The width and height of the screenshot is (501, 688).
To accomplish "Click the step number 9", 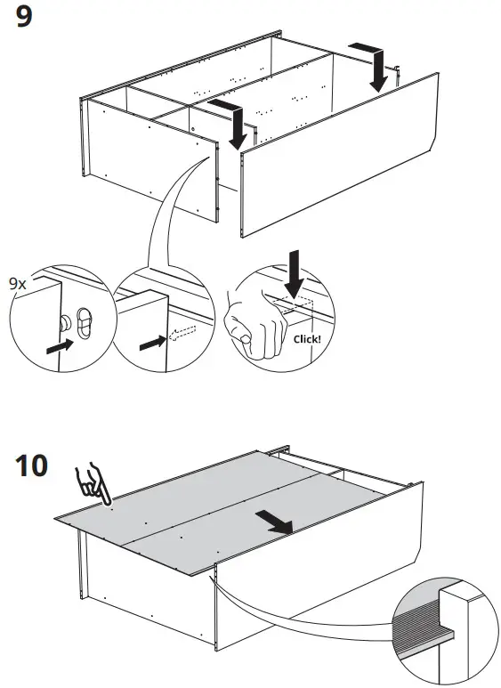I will [24, 19].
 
